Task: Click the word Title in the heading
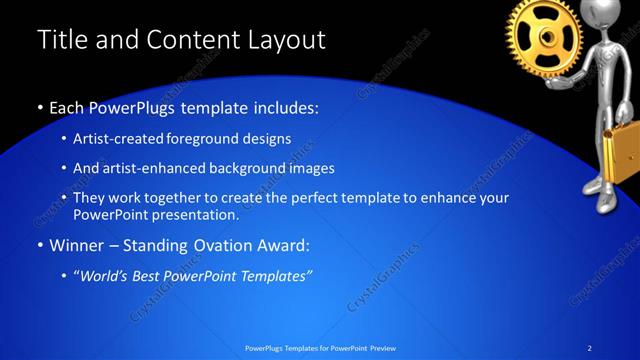click(x=61, y=40)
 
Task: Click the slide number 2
click(x=589, y=348)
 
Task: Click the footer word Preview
click(x=382, y=348)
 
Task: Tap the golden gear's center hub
click(x=545, y=37)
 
